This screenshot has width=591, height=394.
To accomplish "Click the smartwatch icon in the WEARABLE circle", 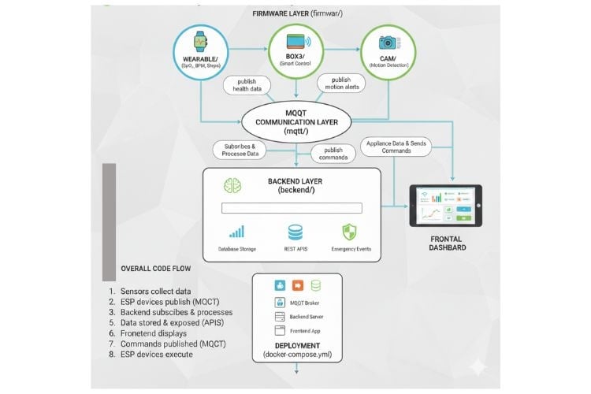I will point(199,39).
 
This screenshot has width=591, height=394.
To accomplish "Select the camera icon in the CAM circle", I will point(387,43).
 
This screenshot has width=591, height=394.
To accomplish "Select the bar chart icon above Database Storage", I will point(236,232).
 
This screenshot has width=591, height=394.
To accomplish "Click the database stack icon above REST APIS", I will point(295,232).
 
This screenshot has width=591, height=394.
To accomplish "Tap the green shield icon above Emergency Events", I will point(349,232).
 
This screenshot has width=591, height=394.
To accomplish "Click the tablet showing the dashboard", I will point(444,206).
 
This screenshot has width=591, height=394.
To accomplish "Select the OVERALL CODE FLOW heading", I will point(155,269).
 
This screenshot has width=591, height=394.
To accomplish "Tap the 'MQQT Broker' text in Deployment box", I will point(306,303).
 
